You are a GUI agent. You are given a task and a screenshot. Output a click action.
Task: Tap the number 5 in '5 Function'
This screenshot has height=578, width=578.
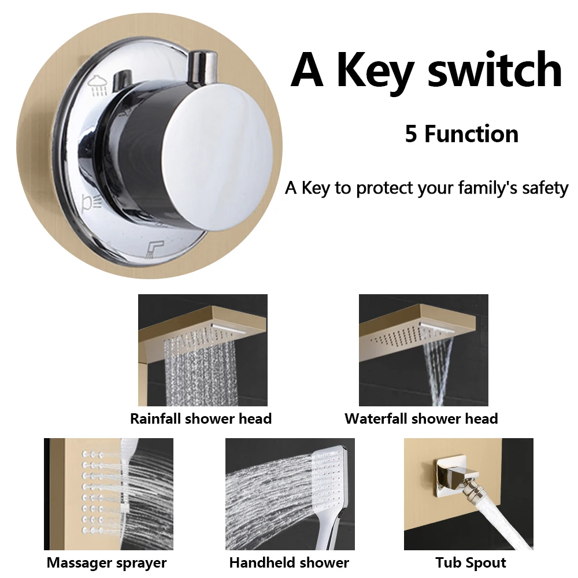(411, 134)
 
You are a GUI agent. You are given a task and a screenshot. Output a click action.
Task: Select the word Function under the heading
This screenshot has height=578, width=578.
(471, 134)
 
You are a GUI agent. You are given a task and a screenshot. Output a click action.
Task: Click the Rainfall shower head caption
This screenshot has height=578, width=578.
(201, 418)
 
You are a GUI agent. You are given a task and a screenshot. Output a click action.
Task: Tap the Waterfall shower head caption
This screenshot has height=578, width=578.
(421, 418)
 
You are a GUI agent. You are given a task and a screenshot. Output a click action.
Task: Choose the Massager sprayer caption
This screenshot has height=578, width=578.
(107, 562)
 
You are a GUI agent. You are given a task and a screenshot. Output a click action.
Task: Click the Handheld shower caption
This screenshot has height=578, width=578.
(289, 562)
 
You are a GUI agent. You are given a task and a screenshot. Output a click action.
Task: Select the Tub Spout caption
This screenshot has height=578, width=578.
(470, 562)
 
